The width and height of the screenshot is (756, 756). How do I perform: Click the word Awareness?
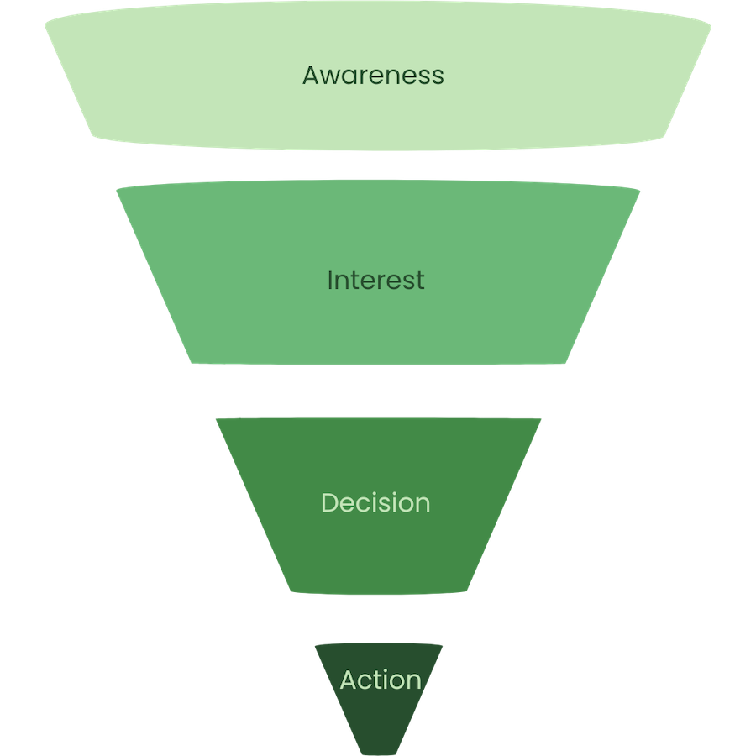pos(373,75)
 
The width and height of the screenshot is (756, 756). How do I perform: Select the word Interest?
pos(375,280)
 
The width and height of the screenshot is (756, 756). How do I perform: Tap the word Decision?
pos(375,502)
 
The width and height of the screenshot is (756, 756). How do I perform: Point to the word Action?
pos(380,680)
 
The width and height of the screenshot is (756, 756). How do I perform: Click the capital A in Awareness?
pos(312,75)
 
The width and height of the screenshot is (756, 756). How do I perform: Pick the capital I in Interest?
pos(330,280)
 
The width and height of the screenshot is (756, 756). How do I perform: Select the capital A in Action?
pos(349,680)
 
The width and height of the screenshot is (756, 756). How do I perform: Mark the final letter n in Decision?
pos(423,504)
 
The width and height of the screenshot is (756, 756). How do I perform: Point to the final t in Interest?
pos(420,281)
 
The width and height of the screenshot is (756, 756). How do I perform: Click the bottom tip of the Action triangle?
pos(379,753)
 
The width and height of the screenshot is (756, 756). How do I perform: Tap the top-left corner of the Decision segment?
pos(215,417)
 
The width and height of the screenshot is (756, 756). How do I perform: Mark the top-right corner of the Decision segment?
pos(543,417)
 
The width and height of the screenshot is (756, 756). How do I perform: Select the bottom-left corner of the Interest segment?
pos(193,363)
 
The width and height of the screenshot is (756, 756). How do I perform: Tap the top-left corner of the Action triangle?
pos(315,645)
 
